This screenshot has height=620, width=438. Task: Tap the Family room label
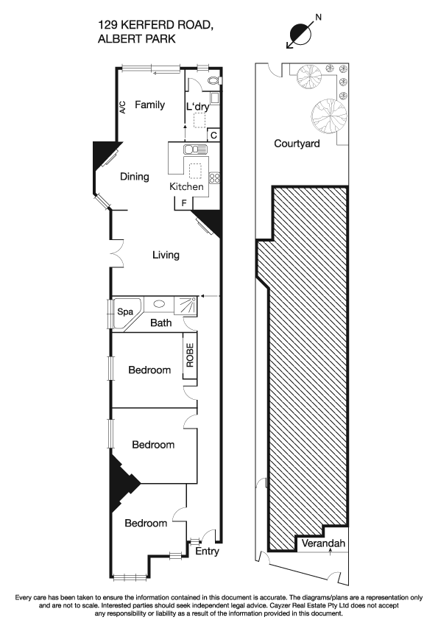[149, 105]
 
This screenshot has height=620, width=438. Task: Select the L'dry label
[197, 108]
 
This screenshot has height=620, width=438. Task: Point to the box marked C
[213, 135]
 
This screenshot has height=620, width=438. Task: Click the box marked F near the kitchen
[184, 202]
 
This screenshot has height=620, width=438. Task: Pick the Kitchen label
[186, 186]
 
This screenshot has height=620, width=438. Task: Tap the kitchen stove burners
[215, 177]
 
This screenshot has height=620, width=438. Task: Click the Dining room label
[135, 177]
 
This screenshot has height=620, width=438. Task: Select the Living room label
[166, 256]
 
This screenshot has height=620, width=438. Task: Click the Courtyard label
[297, 144]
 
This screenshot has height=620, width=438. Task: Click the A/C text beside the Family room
[123, 107]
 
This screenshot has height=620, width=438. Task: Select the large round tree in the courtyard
[328, 113]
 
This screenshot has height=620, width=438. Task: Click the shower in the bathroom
[185, 306]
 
